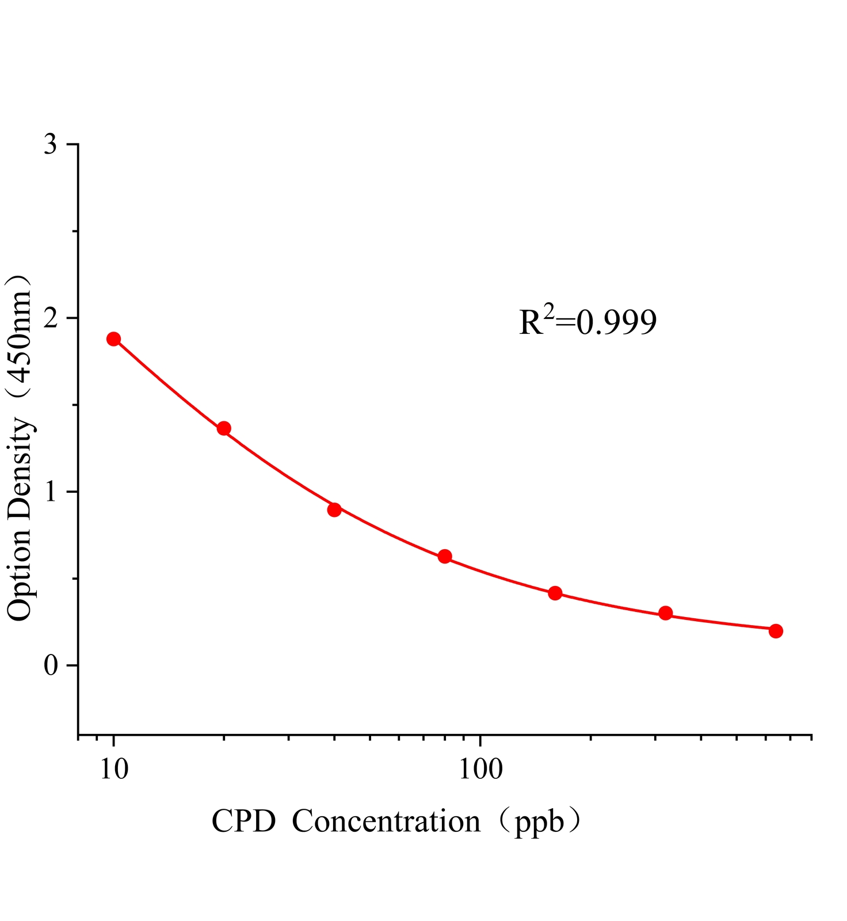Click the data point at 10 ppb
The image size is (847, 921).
tap(114, 339)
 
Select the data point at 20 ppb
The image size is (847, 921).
tap(224, 428)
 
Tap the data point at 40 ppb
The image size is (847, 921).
tap(334, 509)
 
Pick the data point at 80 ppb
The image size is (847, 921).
tap(445, 556)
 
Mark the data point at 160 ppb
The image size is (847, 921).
tap(555, 593)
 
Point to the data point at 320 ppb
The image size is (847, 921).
tap(666, 613)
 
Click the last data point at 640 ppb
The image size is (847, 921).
tap(776, 631)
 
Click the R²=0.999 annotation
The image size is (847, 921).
tap(587, 322)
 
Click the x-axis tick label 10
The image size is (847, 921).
tap(114, 768)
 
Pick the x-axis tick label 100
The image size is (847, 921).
tap(480, 768)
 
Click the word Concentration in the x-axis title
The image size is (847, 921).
tap(386, 821)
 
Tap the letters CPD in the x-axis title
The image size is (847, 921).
tap(244, 821)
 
